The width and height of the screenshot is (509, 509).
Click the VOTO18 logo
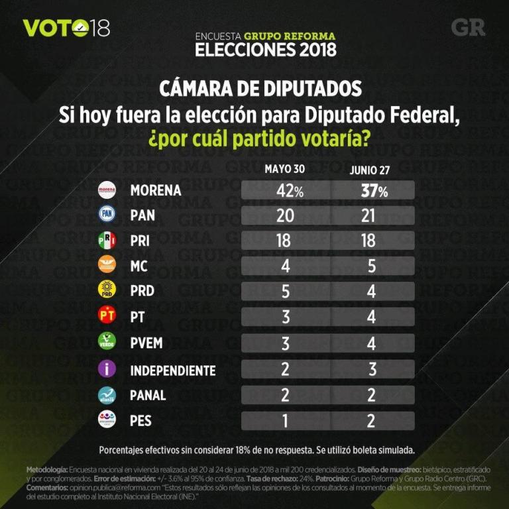click(x=66, y=28)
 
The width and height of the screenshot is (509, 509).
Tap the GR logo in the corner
click(x=468, y=27)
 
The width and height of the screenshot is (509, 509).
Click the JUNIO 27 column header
click(x=369, y=170)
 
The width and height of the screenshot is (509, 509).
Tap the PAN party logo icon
click(x=107, y=215)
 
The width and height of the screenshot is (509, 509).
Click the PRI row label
click(x=140, y=241)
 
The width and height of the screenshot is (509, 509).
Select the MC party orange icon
click(x=107, y=265)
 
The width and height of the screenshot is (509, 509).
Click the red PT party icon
click(x=107, y=316)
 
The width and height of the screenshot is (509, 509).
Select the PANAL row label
click(x=148, y=396)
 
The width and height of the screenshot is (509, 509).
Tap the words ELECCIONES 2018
click(x=265, y=50)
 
